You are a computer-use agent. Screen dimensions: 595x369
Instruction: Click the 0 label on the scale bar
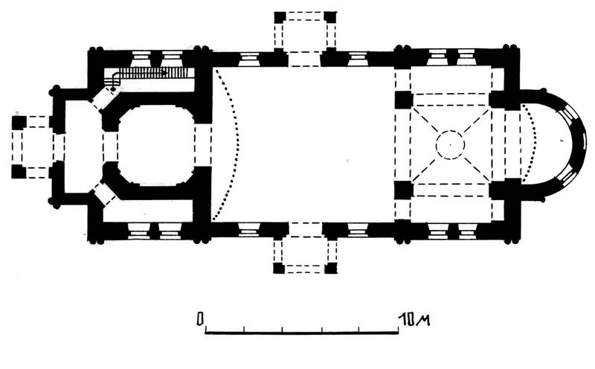point(200,319)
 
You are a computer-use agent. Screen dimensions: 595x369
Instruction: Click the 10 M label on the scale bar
point(414,320)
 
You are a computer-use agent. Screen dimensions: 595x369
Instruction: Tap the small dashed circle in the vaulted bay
point(450,144)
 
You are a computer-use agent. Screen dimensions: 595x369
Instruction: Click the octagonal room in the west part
point(156,145)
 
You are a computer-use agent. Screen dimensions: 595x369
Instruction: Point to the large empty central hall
point(303,144)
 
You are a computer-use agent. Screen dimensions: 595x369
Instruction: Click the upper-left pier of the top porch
point(280,17)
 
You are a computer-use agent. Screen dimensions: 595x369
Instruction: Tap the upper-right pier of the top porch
point(330,17)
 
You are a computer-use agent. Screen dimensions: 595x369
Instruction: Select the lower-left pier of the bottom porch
point(279,268)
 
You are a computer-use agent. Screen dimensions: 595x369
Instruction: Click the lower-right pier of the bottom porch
point(331,268)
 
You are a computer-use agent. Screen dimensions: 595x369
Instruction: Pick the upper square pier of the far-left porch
point(19,123)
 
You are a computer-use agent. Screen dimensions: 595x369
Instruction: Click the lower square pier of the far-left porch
point(19,172)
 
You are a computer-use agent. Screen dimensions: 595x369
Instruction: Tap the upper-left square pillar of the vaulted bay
point(404,100)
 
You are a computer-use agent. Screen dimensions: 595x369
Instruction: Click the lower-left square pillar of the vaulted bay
point(404,190)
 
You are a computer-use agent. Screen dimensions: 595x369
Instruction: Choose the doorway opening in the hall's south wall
point(306,230)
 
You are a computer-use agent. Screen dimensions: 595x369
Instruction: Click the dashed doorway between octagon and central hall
point(203,145)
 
